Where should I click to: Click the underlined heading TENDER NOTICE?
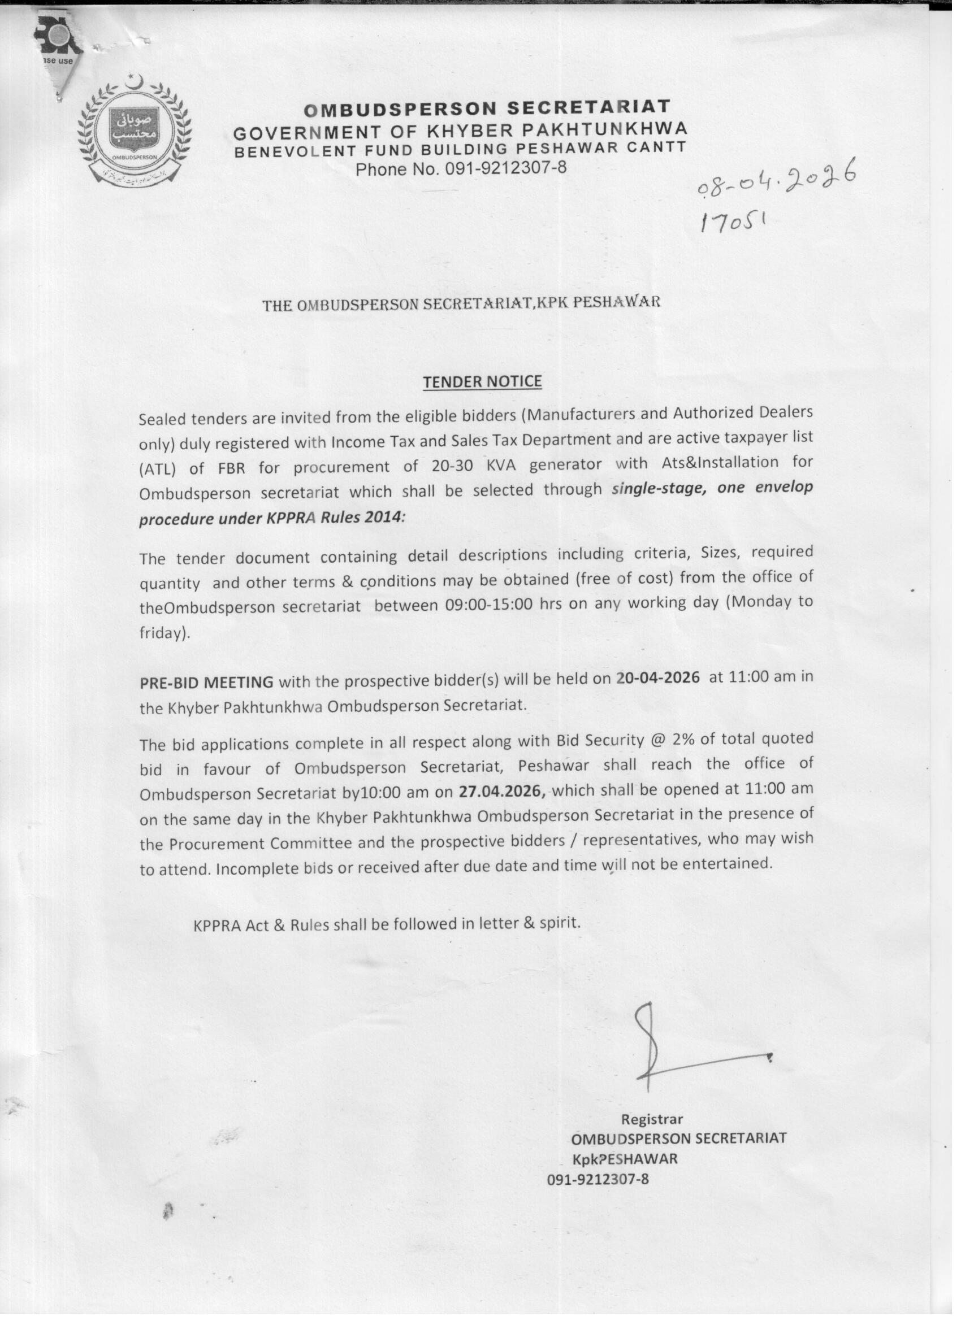482,382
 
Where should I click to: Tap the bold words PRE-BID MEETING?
206,682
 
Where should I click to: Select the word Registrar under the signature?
652,1119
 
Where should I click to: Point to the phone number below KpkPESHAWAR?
598,1178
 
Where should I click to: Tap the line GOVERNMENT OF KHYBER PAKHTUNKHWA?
460,129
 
